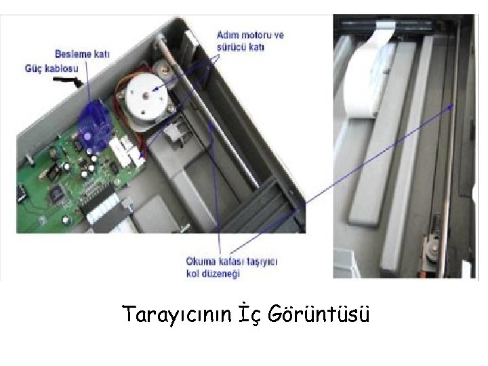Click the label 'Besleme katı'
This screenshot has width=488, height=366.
coord(82,54)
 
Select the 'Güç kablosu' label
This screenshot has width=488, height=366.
coord(52,68)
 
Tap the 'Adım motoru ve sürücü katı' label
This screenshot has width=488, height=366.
coord(241,41)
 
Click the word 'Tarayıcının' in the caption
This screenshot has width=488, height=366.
coord(176,314)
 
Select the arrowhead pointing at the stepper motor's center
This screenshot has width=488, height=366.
coord(155,89)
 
